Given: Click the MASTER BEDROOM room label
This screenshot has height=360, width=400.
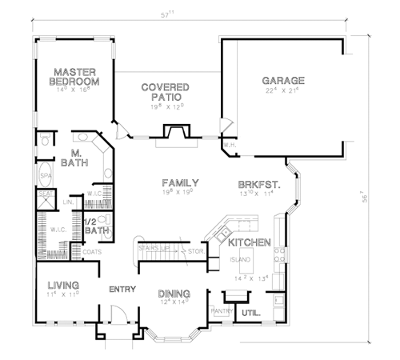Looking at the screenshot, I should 74,76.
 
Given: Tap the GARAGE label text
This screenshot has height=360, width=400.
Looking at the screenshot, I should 283,81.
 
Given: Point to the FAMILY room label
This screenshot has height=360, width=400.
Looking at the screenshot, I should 180,183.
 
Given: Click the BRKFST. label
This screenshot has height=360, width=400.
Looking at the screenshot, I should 256,183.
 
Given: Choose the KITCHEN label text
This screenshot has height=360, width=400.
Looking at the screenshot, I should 248,242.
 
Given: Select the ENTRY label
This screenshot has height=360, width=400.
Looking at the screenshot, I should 122,289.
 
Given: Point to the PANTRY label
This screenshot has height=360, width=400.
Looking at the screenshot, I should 221,310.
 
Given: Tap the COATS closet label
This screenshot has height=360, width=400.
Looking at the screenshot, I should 93,251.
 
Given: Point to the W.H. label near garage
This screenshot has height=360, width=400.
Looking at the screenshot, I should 228,145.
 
